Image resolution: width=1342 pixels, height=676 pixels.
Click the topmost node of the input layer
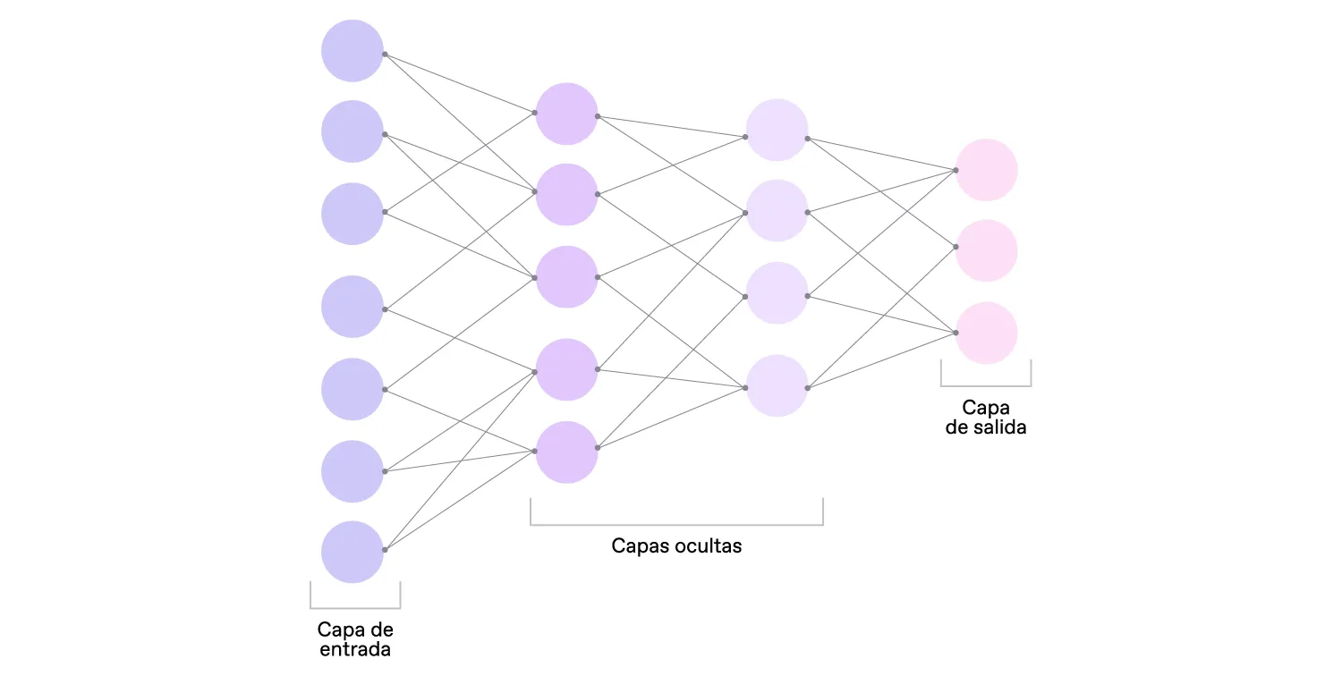pyautogui.click(x=352, y=51)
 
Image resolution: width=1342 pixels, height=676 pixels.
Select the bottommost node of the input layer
pyautogui.click(x=352, y=553)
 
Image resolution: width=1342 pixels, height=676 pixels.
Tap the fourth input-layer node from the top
pyautogui.click(x=352, y=307)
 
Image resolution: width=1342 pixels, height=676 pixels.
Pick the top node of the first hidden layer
pyautogui.click(x=566, y=114)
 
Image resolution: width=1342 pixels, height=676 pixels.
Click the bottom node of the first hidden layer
pyautogui.click(x=566, y=452)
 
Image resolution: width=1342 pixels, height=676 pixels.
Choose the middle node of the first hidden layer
pyautogui.click(x=566, y=277)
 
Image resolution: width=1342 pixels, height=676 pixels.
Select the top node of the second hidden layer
pyautogui.click(x=777, y=131)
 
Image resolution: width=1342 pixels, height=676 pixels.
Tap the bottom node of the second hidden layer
pyautogui.click(x=777, y=386)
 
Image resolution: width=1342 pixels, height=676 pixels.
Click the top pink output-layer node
pyautogui.click(x=987, y=170)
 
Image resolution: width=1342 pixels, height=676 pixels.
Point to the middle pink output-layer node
pyautogui.click(x=987, y=251)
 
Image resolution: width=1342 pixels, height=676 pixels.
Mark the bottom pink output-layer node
pyautogui.click(x=987, y=333)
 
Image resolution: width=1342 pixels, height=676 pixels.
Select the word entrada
pyautogui.click(x=355, y=649)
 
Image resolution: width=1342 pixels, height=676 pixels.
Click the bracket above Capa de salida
pyautogui.click(x=986, y=384)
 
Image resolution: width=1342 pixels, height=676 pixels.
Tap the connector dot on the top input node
pyautogui.click(x=385, y=54)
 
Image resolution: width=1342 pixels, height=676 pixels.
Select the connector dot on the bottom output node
pyautogui.click(x=956, y=333)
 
